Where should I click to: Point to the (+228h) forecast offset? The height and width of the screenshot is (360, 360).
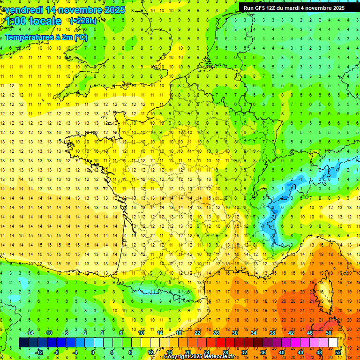coord(83,21)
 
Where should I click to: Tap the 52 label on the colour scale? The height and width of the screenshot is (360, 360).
coord(338,352)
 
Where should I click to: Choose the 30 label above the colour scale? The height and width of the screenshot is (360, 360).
coord(234,332)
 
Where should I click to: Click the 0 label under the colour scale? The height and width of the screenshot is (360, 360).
coord(93,352)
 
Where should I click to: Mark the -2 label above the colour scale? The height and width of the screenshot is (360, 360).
coord(84,332)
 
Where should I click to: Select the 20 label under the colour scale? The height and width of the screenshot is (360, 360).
coord(187,352)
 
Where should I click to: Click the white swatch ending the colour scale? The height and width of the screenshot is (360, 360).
coord(333,342)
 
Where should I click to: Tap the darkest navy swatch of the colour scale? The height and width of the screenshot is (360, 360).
coord(23,342)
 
